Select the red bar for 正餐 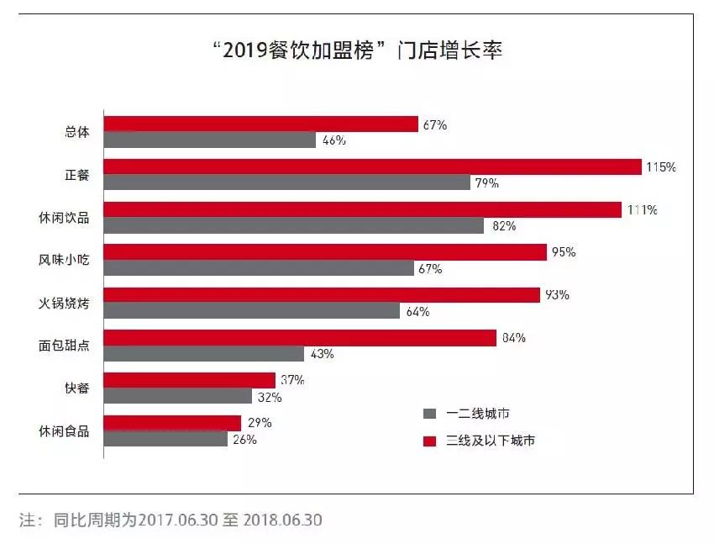click(x=373, y=167)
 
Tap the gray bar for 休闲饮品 click(x=294, y=225)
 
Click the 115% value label click(x=661, y=167)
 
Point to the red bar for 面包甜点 click(x=300, y=338)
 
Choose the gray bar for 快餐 click(x=178, y=396)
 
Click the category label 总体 click(x=77, y=132)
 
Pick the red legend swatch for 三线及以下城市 click(x=430, y=440)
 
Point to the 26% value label click(x=245, y=439)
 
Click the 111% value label click(x=641, y=210)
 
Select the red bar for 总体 click(x=261, y=124)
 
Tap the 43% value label click(x=322, y=354)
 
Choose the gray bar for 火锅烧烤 click(x=252, y=311)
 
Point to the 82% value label click(x=504, y=226)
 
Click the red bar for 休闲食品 click(x=172, y=423)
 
